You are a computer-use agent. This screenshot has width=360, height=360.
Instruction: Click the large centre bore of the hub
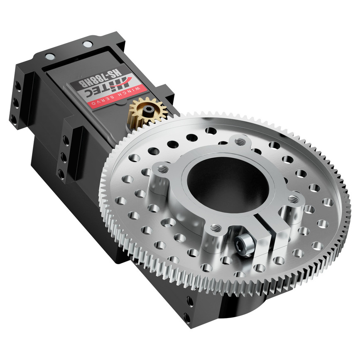point(228,183)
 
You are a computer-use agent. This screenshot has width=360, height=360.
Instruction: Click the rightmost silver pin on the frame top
point(87,44)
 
